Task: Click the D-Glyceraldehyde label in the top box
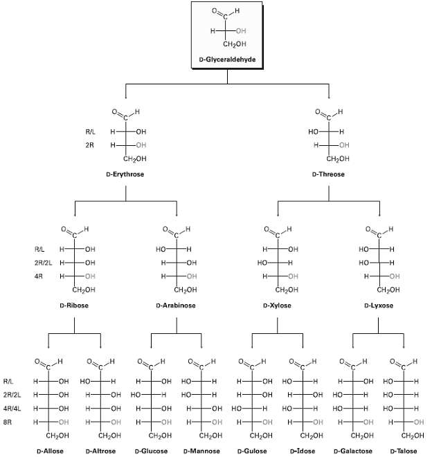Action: pos(226,60)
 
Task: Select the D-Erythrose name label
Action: pos(125,174)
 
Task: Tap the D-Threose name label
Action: pos(328,174)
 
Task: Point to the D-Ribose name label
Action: pos(74,305)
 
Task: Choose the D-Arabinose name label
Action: pos(176,305)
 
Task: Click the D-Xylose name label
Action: pos(277,305)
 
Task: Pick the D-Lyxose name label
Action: pos(379,305)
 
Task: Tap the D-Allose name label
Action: pos(48,451)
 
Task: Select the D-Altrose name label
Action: pos(100,451)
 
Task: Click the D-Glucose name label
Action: pos(150,451)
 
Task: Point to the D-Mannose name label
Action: pos(201,451)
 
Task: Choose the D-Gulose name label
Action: pos(252,451)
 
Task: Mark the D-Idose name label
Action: pos(303,451)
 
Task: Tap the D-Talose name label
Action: pos(404,451)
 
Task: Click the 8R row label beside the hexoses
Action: pos(8,422)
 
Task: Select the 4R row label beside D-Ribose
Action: pos(39,277)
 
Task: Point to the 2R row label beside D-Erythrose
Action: pos(90,145)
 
